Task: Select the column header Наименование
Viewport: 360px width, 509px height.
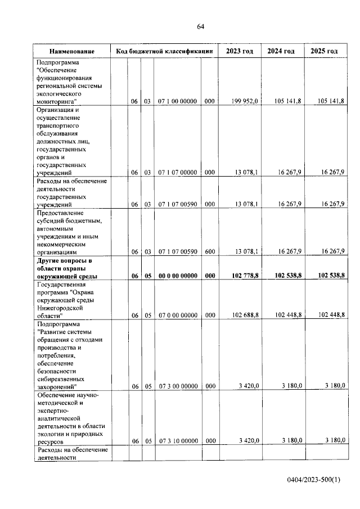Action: [71, 51]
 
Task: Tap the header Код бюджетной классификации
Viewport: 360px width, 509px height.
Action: [164, 51]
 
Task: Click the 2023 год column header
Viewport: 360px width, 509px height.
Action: [239, 51]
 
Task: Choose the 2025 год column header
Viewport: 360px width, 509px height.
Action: [323, 51]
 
